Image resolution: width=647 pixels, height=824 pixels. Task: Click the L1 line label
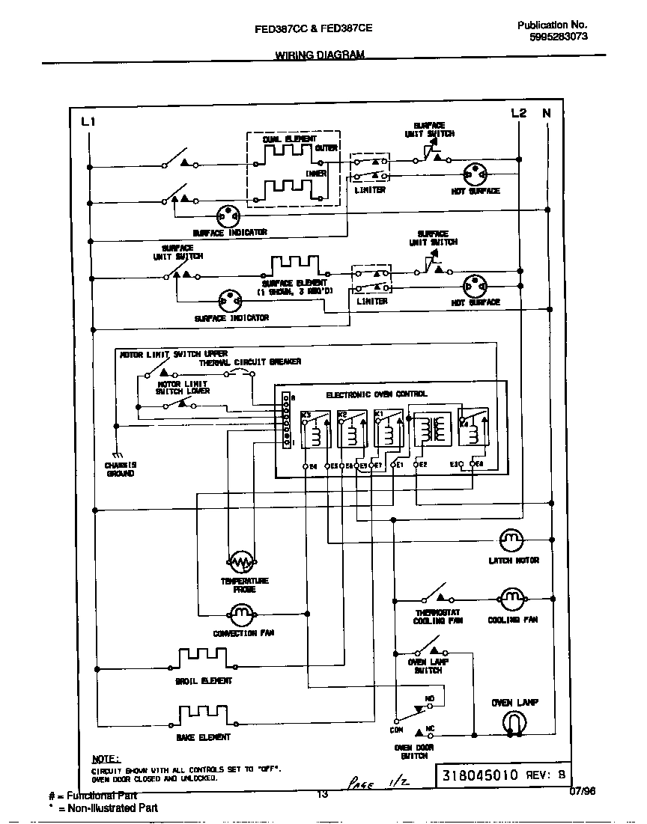pos(88,121)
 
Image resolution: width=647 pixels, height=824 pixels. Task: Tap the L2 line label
pos(519,113)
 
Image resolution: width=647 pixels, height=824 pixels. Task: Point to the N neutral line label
pos(547,113)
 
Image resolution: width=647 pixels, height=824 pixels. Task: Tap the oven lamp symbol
pos(514,722)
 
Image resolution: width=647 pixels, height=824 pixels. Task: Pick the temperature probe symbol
pos(241,561)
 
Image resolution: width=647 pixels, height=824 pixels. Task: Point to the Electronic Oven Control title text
pos(377,394)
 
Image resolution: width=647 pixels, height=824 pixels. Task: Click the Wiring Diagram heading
pos(320,55)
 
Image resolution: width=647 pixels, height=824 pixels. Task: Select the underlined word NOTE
pos(106,759)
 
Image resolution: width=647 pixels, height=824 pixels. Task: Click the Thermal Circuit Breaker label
pos(250,362)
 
